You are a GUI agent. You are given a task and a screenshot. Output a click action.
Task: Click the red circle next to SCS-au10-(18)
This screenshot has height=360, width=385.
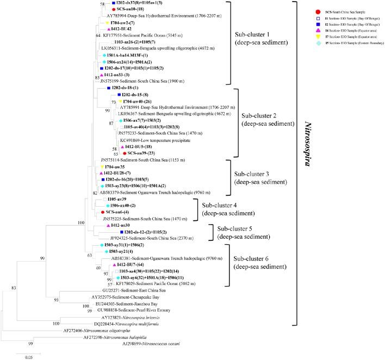(x=113, y=10)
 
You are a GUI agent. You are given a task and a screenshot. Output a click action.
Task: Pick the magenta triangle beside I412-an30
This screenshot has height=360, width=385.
(x=108, y=225)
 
